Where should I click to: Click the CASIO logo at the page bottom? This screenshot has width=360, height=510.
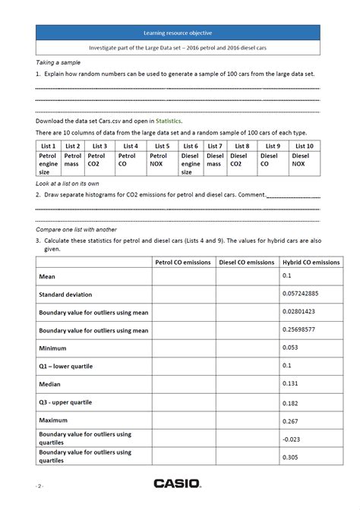(177, 483)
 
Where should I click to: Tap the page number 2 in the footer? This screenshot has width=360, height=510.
(39, 484)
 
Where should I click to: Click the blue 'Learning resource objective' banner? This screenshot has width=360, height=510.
(178, 33)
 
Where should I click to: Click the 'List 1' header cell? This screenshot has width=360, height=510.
(48, 146)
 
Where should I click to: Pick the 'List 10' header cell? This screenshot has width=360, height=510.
(304, 146)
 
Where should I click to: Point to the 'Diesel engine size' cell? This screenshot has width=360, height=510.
(191, 163)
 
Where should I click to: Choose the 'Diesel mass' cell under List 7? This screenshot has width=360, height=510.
(215, 159)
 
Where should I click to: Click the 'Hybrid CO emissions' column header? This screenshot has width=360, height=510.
(311, 263)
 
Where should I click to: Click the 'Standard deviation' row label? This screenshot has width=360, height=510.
(67, 294)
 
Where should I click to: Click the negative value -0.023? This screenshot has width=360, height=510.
(292, 438)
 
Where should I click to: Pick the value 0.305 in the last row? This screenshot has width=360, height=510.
(290, 457)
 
